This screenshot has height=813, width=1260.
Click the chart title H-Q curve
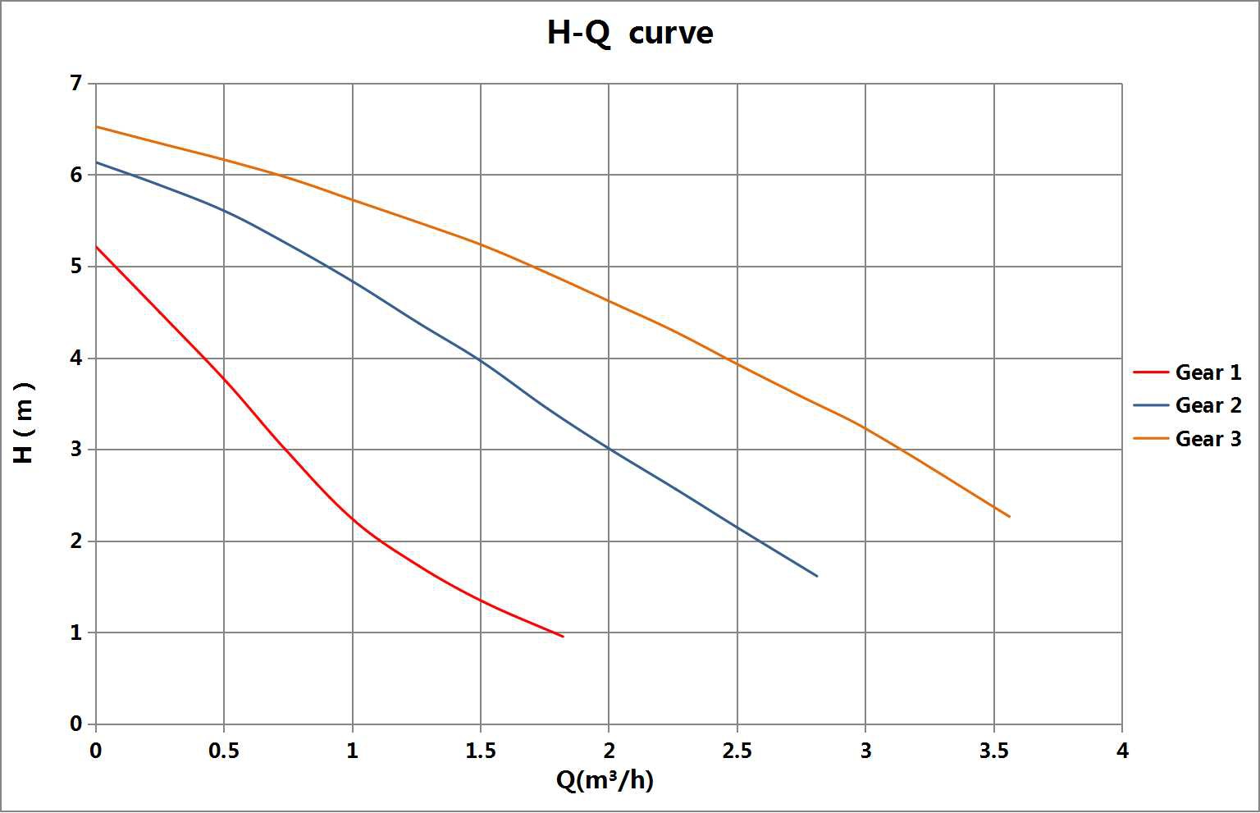[x=629, y=33]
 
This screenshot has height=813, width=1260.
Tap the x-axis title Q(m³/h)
[x=605, y=780]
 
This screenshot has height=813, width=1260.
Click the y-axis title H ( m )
[x=24, y=422]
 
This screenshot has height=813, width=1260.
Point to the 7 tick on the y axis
[x=76, y=83]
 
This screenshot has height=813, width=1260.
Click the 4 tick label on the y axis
[x=76, y=358]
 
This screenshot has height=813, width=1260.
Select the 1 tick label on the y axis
[x=76, y=633]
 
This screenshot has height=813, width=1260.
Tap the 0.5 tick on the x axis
[x=224, y=751]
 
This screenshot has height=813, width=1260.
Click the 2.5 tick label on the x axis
[x=737, y=751]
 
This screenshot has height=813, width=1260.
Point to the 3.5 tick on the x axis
[x=993, y=751]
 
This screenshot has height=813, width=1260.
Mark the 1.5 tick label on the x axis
[x=481, y=751]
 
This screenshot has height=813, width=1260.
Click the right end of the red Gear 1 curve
[x=563, y=637]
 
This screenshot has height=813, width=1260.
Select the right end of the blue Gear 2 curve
[x=817, y=576]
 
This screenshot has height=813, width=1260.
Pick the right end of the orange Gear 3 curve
[x=1009, y=517]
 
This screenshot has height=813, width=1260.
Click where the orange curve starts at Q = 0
[x=97, y=126]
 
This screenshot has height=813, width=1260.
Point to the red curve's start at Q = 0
[x=97, y=246]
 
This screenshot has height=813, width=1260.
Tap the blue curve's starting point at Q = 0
[x=97, y=162]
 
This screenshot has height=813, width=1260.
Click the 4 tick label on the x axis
[x=1121, y=751]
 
